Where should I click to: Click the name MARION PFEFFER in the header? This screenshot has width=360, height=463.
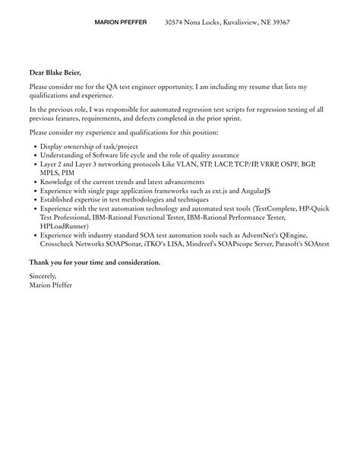(x=120, y=23)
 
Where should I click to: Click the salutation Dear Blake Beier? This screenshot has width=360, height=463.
(x=55, y=73)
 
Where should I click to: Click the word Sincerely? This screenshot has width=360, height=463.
(x=43, y=276)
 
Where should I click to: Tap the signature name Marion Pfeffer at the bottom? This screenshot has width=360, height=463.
(x=51, y=285)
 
